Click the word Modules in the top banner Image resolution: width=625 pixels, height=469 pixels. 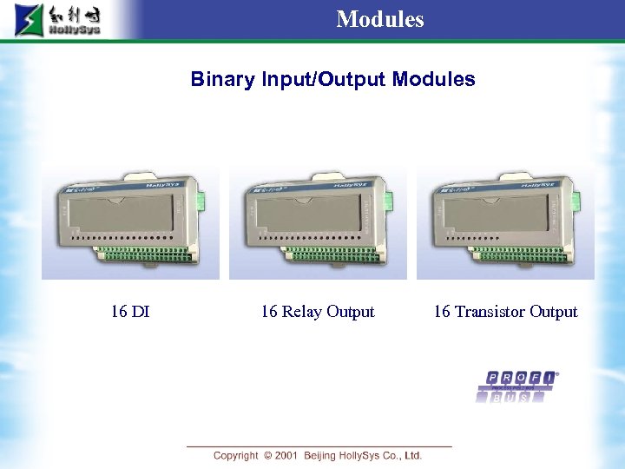pos(380,18)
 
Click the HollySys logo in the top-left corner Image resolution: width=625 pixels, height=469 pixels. pos(57,20)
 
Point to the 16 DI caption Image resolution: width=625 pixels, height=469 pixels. pos(130,311)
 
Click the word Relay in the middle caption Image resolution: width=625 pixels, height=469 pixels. pos(303,311)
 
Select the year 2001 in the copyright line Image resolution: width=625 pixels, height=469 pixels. pos(286,455)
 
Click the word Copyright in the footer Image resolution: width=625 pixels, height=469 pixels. pos(236,455)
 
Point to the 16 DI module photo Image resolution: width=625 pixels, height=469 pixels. pos(130,224)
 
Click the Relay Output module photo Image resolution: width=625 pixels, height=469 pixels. pos(318,224)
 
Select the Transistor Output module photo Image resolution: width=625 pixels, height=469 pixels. pos(505,224)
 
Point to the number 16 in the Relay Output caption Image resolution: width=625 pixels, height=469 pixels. pos(270,311)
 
